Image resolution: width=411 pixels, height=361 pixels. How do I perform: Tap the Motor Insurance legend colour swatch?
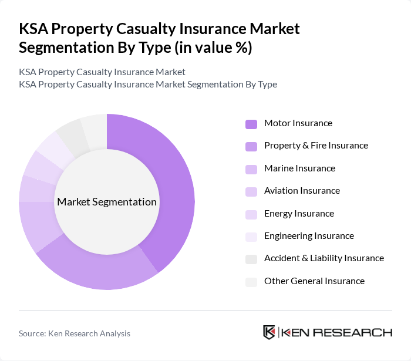coord(251,124)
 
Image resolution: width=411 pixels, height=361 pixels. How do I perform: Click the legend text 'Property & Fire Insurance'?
coord(316,146)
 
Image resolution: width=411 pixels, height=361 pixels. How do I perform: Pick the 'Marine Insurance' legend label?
coord(299,168)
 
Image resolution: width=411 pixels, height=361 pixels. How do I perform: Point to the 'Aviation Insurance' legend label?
coord(302,191)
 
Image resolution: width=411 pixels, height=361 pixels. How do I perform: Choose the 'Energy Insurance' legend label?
coord(299,214)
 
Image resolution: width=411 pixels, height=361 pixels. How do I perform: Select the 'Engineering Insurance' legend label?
coord(309,236)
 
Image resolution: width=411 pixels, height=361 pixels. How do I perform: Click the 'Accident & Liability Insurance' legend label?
coord(324,258)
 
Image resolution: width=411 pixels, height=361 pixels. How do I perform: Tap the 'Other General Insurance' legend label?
coord(314,281)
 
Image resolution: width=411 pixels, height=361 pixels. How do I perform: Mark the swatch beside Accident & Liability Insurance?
coord(251,259)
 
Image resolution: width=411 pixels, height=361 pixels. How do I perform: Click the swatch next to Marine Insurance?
coord(251,169)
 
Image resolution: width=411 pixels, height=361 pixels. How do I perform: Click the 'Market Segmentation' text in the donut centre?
coord(107,202)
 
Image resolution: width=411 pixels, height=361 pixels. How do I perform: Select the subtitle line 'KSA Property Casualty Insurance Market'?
coord(102,72)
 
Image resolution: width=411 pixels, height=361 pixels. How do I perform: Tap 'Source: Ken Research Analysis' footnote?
coord(75,333)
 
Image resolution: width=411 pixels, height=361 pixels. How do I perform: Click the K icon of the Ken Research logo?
coord(269,332)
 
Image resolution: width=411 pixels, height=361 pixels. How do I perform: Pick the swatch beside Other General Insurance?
coord(251,282)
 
